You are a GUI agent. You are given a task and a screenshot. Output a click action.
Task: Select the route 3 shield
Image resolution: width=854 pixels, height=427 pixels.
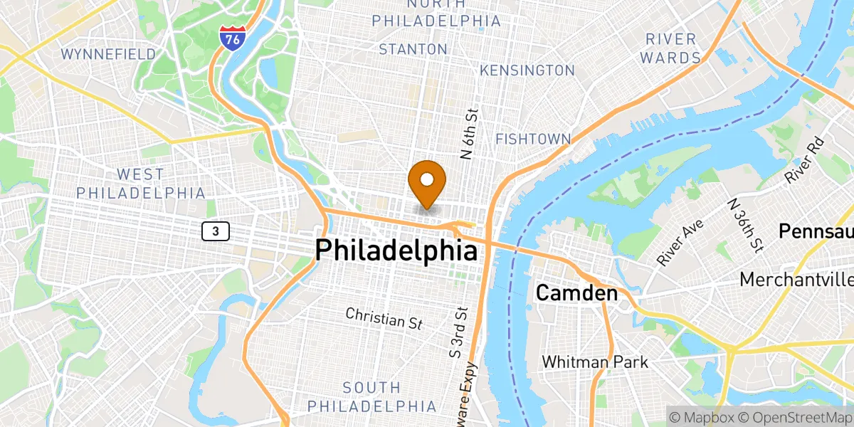click(x=215, y=231)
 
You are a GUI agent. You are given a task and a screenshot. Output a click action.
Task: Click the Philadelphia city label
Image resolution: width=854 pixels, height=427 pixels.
click(x=396, y=251)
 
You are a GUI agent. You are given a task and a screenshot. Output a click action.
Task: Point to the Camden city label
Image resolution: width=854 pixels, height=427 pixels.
click(x=576, y=292)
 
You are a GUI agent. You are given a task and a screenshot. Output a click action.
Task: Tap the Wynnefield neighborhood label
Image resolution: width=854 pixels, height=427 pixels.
click(x=108, y=54)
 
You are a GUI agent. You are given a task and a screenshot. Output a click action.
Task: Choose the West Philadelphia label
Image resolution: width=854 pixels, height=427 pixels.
click(x=141, y=184)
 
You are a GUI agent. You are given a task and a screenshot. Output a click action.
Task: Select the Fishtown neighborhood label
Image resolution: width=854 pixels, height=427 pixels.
click(x=533, y=139)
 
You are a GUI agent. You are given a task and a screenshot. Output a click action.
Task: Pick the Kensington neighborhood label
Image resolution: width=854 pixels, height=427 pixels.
click(x=527, y=70)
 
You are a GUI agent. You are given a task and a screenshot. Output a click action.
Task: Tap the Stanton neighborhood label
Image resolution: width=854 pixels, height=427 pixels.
click(x=413, y=49)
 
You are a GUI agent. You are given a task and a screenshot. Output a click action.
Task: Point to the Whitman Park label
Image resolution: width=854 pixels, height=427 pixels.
click(x=595, y=362)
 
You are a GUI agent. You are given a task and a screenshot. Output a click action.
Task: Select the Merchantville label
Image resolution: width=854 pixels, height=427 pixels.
click(x=796, y=280)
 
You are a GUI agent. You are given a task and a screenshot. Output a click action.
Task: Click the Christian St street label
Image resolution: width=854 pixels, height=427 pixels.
click(x=384, y=318)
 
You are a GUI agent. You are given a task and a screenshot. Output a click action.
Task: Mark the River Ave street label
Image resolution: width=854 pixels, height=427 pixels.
click(x=680, y=243)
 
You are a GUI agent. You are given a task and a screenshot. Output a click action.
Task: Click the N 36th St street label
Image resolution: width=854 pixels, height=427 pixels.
click(x=744, y=225)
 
